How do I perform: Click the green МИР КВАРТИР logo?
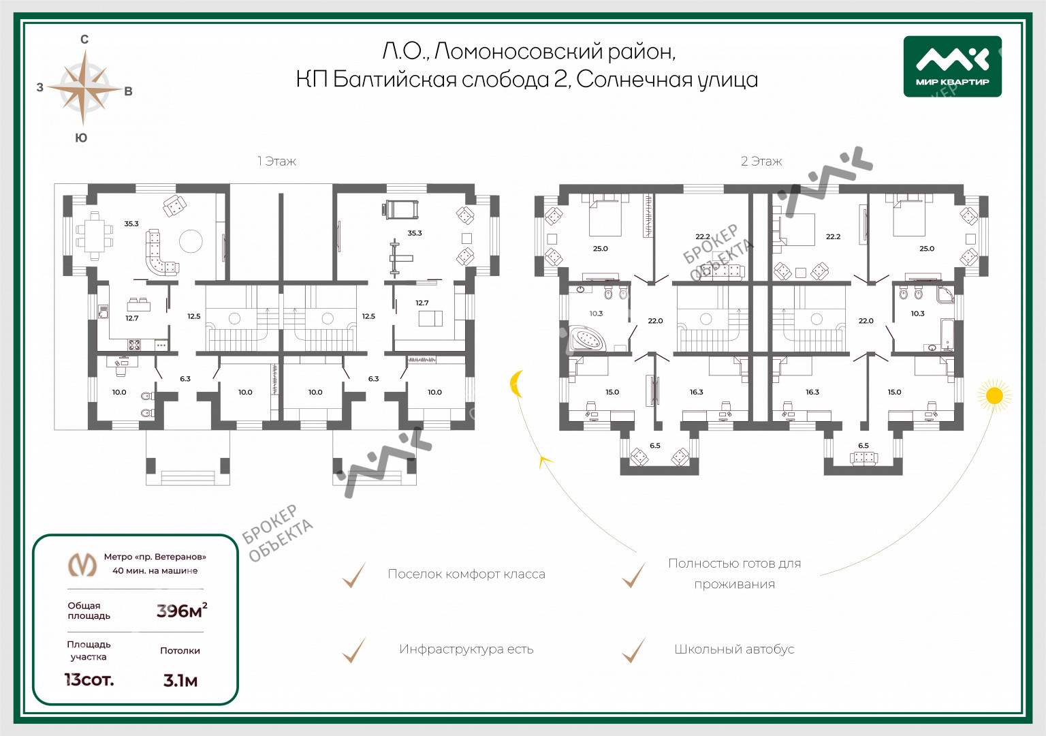(952, 66)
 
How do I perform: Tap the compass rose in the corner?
(84, 88)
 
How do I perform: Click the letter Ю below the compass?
(81, 138)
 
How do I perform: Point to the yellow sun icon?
(994, 395)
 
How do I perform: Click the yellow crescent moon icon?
(518, 384)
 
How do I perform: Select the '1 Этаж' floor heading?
(276, 162)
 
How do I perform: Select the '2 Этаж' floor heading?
(761, 162)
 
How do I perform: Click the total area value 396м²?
(181, 611)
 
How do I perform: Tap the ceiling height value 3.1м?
(180, 680)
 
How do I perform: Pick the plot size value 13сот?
(89, 679)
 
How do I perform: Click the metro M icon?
(82, 564)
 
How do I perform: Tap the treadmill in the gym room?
(402, 209)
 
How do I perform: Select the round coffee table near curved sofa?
(191, 241)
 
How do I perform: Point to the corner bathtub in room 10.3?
(587, 338)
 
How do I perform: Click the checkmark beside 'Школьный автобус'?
(633, 650)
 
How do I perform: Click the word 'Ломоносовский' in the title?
(518, 51)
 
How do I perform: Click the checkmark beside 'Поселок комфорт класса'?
(353, 575)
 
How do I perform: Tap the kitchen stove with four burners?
(134, 345)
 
